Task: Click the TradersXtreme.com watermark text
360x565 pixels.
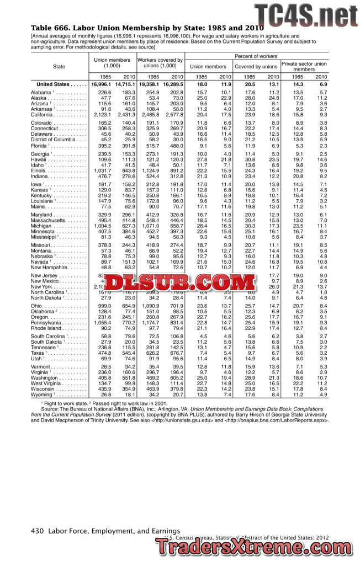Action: (255, 548)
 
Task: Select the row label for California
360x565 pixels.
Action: (45, 114)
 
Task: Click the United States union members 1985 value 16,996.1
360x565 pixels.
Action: (101, 84)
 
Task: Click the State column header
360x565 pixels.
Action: (59, 66)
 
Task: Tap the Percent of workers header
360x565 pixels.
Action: (256, 56)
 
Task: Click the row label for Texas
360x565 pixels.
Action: (39, 353)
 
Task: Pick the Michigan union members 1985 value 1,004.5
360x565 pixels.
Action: (100, 226)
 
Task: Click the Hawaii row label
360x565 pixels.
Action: (40, 159)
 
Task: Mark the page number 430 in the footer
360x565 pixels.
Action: (37, 531)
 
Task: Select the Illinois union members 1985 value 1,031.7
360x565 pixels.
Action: (101, 170)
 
